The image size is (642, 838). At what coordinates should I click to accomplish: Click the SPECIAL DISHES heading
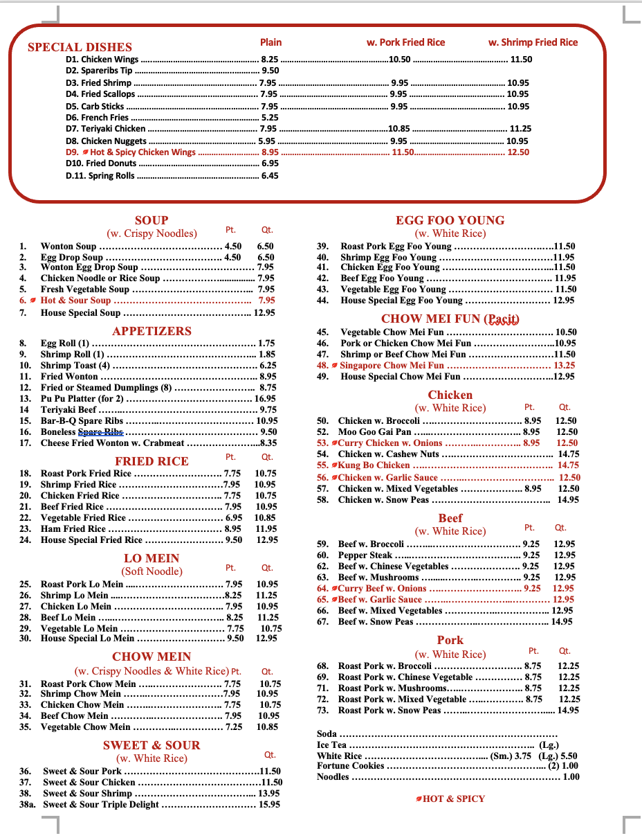[80, 47]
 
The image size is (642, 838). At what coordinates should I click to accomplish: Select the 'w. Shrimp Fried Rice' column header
[533, 42]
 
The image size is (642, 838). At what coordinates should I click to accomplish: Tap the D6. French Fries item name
[98, 118]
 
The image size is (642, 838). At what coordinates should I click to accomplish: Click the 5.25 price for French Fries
[269, 118]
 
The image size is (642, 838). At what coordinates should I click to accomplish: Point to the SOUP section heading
[152, 220]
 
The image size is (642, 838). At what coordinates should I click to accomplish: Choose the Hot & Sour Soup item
[75, 301]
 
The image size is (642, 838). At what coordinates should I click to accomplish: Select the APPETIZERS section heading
[152, 331]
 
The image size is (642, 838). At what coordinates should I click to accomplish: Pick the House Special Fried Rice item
[91, 540]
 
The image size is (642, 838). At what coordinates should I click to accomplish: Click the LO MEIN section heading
[152, 558]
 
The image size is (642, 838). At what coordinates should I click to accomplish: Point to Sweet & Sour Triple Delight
[101, 805]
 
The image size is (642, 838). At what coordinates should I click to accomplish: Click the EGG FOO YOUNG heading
[450, 220]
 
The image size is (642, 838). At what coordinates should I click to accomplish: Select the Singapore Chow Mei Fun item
[392, 366]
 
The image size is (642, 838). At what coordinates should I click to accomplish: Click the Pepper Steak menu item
[365, 555]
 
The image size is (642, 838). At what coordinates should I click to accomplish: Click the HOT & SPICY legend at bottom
[453, 799]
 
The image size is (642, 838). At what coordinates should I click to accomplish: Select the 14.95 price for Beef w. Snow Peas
[562, 622]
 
